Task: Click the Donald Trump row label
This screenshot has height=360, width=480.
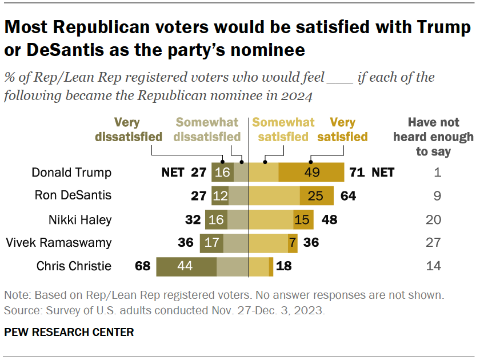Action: pos(71,172)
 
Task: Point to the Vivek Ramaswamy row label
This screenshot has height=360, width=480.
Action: pos(58,243)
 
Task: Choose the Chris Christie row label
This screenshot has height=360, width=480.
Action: pos(73,266)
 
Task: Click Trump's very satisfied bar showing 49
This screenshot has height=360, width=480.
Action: pos(311,172)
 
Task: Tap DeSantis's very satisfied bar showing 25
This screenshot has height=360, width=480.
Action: pos(317,195)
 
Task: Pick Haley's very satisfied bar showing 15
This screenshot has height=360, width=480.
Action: pos(302,219)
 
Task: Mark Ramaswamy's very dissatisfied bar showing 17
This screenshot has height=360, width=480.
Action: pos(211,243)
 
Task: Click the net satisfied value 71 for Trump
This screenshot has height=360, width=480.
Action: pos(358,172)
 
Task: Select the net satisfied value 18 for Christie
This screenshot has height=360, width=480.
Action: pos(284,266)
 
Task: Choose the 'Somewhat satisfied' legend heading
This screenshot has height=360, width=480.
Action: pos(283,130)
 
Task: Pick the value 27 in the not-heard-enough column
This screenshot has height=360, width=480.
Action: pos(434,243)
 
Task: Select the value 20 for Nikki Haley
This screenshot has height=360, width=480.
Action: pos(434,219)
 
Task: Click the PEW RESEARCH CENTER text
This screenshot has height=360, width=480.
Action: pos(69,332)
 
